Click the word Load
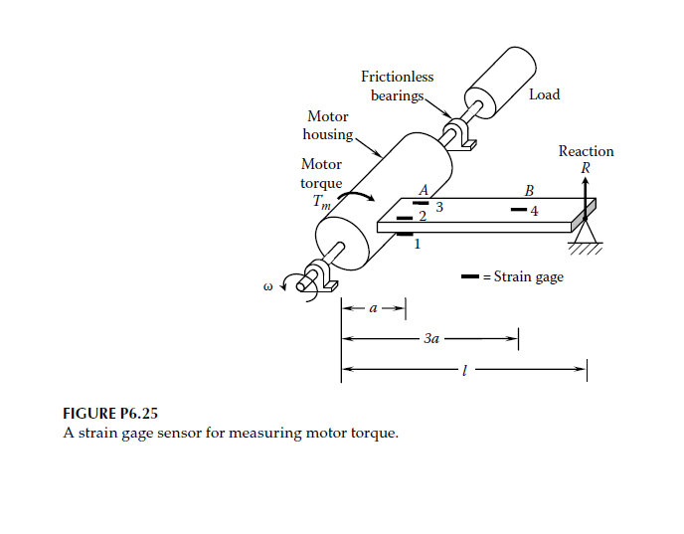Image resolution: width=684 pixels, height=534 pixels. [x=544, y=94]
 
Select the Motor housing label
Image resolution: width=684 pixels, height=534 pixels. [x=327, y=125]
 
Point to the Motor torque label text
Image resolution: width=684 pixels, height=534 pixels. [x=321, y=174]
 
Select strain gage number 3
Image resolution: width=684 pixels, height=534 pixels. [x=422, y=204]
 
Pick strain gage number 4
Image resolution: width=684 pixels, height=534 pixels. [x=518, y=210]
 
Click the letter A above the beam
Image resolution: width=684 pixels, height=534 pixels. [x=424, y=189]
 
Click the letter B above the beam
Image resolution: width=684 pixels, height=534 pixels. [x=529, y=190]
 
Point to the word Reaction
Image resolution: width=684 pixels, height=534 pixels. [x=586, y=151]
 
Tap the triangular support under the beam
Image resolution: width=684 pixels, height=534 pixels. [x=585, y=235]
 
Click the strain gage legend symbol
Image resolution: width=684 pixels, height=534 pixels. [x=471, y=276]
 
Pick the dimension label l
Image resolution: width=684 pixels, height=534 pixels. [x=463, y=371]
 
